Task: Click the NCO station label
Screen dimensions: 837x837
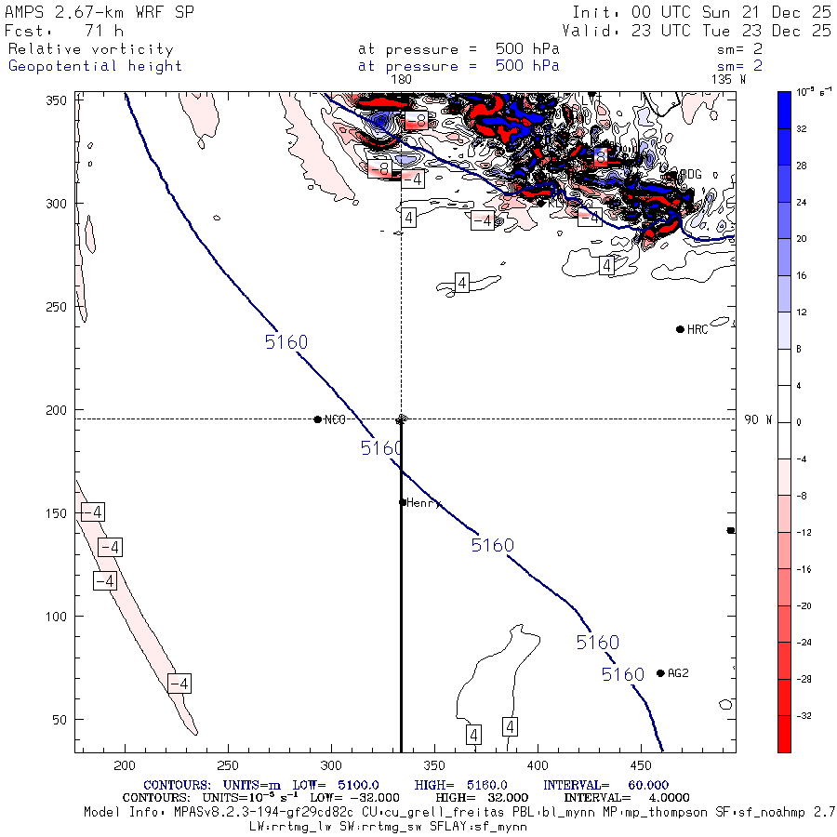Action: [335, 420]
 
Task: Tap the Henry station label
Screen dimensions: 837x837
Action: [422, 503]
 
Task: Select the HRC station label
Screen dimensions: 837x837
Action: [697, 330]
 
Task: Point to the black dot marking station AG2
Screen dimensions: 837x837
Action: [660, 673]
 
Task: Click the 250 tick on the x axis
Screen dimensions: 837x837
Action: [227, 764]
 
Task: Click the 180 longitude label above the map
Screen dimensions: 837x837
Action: [401, 80]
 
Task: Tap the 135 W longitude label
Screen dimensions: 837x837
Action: [727, 80]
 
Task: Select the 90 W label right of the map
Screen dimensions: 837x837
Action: [757, 420]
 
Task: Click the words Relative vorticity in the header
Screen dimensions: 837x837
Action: [90, 49]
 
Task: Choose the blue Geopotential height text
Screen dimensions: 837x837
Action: [95, 66]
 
